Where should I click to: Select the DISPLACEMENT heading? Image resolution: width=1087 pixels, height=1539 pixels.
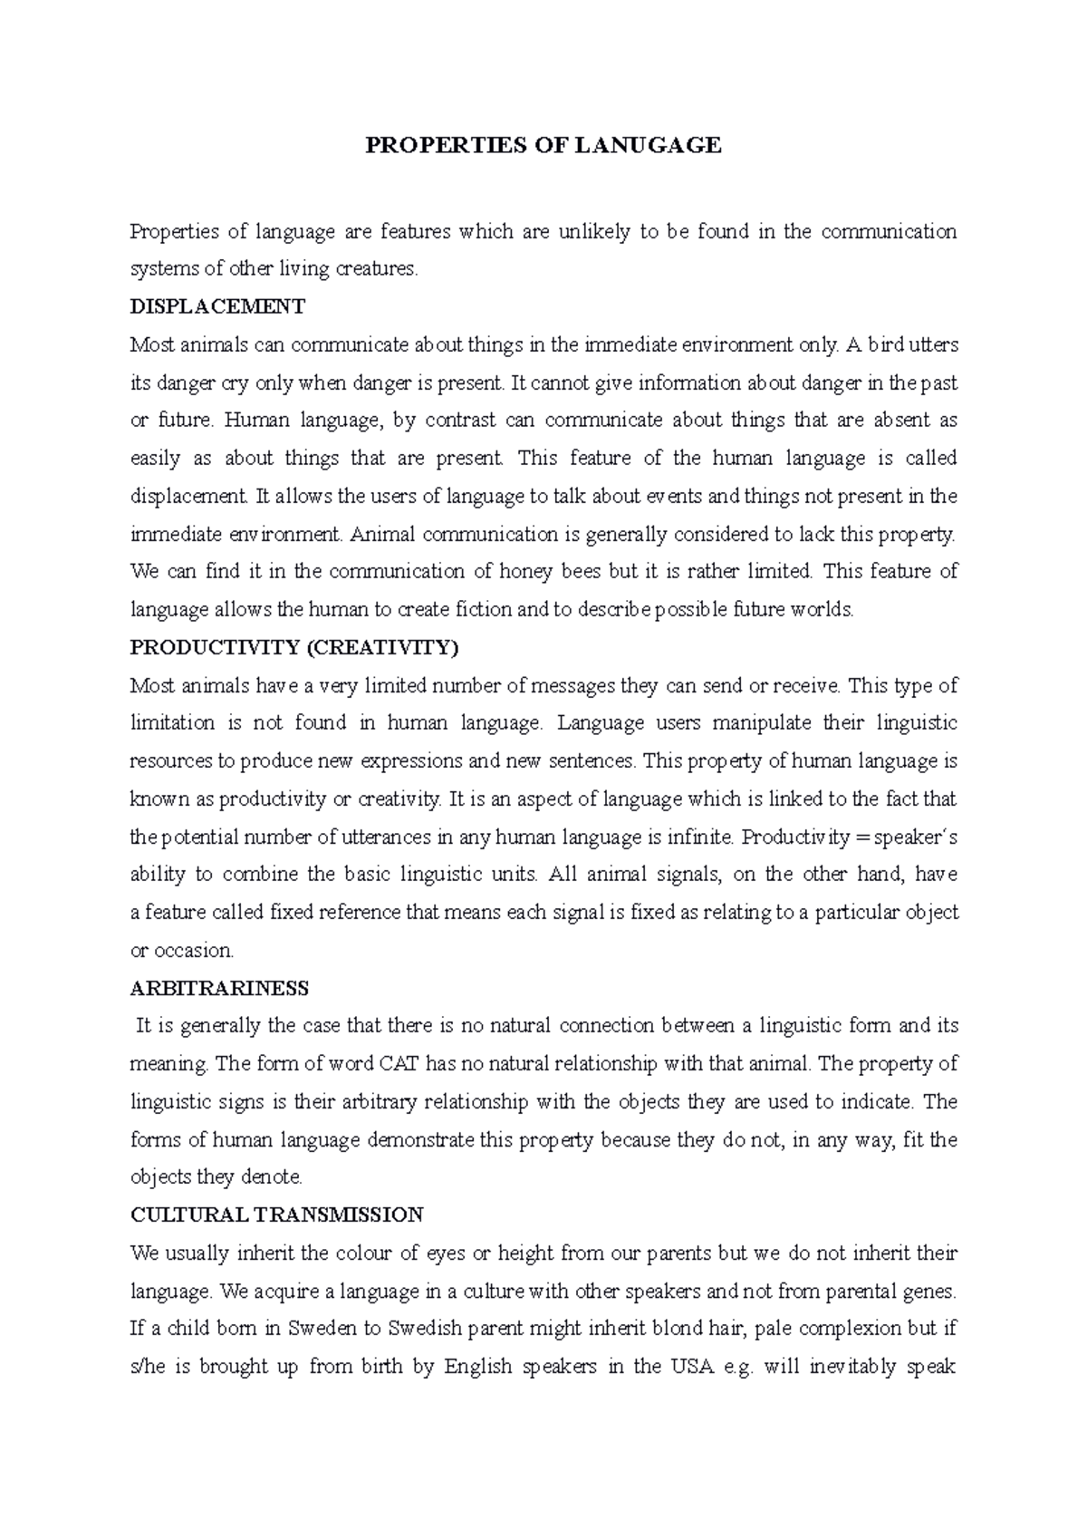coord(217,306)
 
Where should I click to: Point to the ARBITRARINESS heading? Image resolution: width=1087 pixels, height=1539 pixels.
coord(219,988)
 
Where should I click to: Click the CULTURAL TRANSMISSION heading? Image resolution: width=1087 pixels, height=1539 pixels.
coord(276,1215)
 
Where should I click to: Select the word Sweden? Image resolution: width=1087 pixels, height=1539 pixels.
coord(323,1329)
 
